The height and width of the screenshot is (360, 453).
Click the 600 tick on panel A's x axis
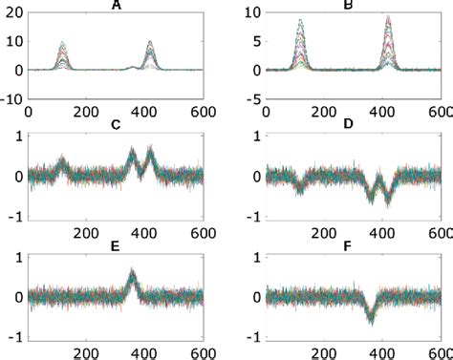[203, 111]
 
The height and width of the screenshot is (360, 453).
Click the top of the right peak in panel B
[389, 16]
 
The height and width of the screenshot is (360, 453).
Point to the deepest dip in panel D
[388, 203]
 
